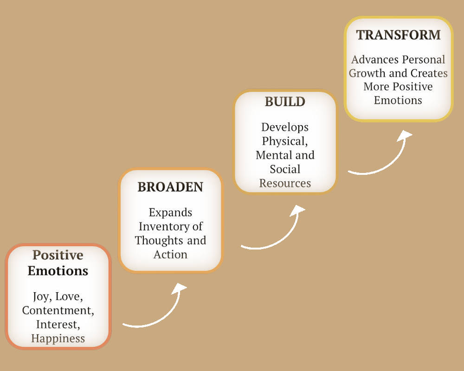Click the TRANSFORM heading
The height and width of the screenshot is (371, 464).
[398, 35]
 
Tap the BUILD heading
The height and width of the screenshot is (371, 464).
[285, 102]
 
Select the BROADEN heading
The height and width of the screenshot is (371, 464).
[170, 187]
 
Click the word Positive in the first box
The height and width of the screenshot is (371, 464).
[58, 255]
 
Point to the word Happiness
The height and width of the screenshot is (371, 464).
[58, 339]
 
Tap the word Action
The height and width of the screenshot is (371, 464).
[170, 255]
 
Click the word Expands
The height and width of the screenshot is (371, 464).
[170, 213]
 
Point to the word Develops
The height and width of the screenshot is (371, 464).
[285, 127]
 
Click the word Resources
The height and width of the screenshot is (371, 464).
[285, 184]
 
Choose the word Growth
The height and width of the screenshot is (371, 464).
[367, 73]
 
